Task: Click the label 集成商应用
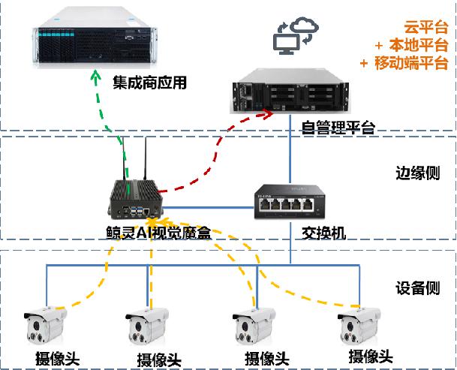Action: (149, 80)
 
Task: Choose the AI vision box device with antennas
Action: (134, 196)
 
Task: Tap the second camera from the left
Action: (147, 325)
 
